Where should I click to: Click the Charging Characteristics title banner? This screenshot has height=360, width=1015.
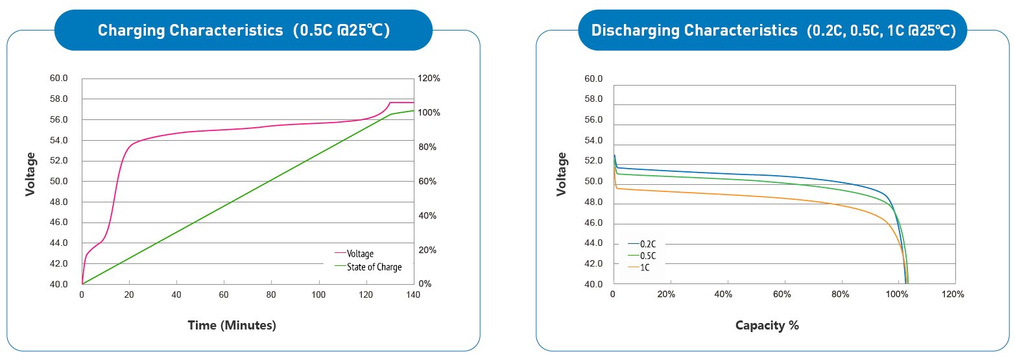point(243,30)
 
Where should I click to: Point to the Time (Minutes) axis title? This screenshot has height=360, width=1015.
point(232,325)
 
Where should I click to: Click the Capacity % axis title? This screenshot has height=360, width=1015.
point(767,325)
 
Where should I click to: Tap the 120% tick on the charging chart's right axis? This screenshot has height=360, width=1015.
point(429,78)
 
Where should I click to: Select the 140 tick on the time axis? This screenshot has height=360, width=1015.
point(413,294)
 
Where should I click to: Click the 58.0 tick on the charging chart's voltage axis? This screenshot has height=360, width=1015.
point(58,99)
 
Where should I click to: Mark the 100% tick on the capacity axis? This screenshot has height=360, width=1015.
point(896,294)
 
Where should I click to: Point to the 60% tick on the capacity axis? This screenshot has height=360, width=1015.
point(782,294)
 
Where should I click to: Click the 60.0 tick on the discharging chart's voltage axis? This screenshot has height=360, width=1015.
point(594,79)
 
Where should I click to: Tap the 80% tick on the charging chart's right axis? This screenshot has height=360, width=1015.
point(427,147)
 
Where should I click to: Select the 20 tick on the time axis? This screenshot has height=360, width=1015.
point(129,294)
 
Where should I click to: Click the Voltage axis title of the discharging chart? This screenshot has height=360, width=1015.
point(562,174)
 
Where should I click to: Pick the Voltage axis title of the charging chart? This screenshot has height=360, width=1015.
point(30,174)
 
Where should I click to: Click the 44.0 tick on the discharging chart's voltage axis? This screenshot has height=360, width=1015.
point(594,244)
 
